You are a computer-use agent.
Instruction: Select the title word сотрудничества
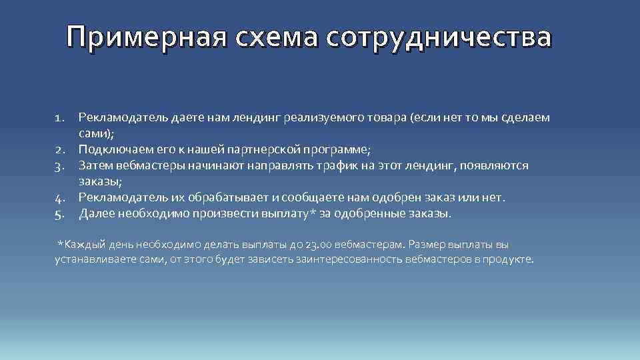tap(439, 38)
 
